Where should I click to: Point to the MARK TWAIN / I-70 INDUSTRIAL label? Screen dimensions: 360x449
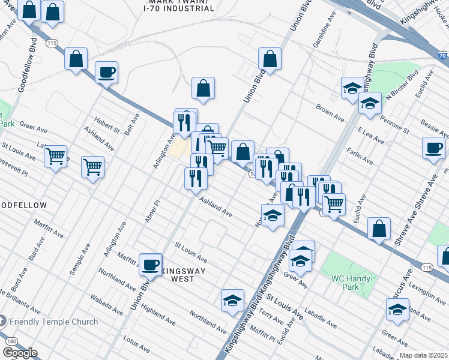tap(179, 5)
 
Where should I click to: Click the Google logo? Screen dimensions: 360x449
tap(19, 353)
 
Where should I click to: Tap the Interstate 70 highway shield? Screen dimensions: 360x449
tap(442, 56)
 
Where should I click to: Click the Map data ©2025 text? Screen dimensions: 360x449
tap(423, 355)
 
